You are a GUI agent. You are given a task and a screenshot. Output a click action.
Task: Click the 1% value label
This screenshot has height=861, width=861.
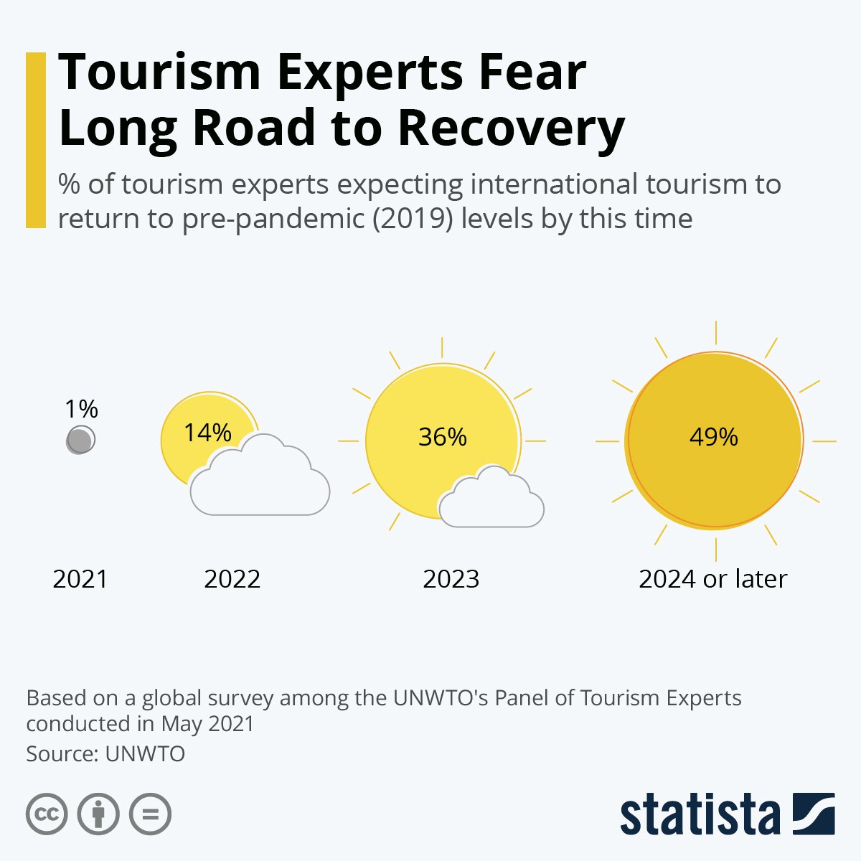[x=81, y=409]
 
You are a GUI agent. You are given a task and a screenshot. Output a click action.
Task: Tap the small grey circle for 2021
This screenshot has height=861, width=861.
[x=80, y=440]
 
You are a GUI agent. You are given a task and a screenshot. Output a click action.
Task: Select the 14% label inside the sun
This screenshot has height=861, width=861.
[x=207, y=433]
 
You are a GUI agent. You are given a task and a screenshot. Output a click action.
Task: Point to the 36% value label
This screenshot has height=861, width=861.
[x=442, y=436]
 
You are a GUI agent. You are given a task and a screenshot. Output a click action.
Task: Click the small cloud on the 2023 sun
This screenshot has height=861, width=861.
[x=491, y=501]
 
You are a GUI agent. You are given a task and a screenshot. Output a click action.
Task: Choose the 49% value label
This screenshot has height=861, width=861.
[x=713, y=436]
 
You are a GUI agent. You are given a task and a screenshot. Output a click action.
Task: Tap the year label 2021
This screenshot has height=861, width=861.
[x=80, y=579]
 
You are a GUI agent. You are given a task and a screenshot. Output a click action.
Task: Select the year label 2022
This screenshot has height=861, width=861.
[x=232, y=579]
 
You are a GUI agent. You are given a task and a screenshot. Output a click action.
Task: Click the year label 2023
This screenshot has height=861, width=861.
[x=451, y=579]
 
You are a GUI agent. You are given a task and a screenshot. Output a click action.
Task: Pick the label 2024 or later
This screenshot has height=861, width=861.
[x=713, y=579]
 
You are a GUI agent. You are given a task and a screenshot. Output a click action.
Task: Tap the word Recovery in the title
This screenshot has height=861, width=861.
[x=511, y=129]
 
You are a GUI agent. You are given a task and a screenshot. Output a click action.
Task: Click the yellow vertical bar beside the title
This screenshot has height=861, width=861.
[x=35, y=140]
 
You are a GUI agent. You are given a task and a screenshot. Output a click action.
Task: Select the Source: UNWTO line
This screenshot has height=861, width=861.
[x=105, y=754]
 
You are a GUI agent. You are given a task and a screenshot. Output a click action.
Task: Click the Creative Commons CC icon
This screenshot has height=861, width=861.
[x=47, y=814]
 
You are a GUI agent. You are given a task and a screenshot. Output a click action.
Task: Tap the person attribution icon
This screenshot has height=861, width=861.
[x=98, y=814]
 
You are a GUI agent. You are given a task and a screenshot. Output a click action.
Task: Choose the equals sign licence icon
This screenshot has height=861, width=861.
[x=150, y=814]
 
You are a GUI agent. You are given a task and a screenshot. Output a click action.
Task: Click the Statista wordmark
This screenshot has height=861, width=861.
[x=700, y=815]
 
